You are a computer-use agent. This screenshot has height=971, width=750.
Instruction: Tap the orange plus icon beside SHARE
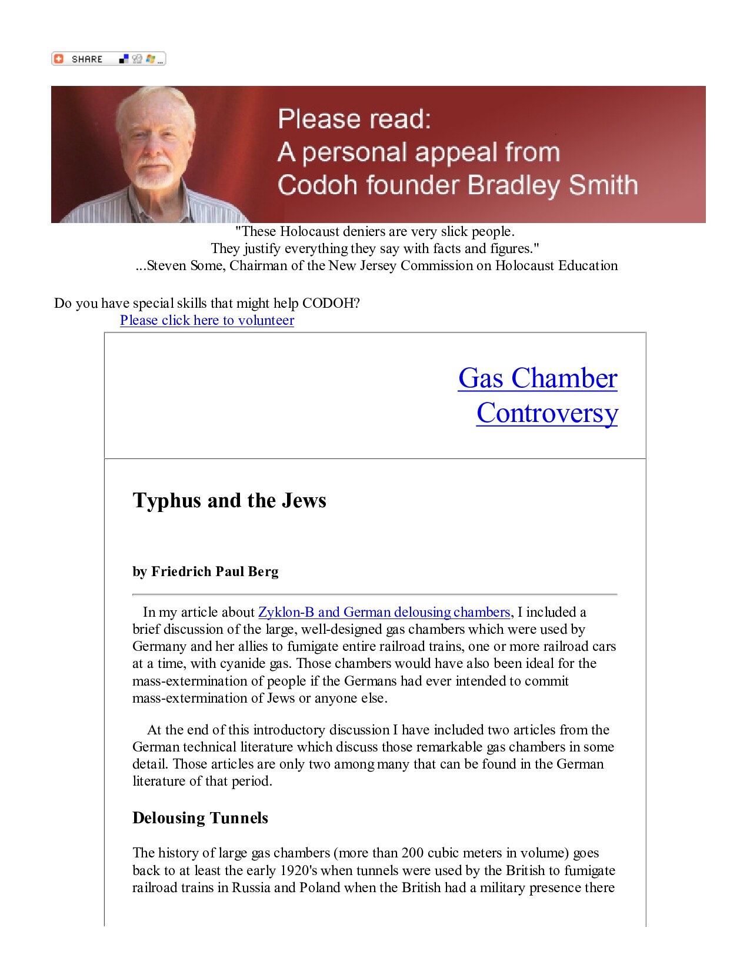point(58,59)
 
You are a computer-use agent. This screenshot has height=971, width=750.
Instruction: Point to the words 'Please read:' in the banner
point(354,119)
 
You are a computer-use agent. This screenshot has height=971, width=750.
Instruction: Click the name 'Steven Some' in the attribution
point(185,265)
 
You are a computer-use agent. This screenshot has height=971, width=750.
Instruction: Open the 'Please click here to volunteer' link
point(207,320)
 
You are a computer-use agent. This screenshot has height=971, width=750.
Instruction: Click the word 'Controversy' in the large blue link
point(547,413)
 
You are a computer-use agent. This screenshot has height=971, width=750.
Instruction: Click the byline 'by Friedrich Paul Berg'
point(205,571)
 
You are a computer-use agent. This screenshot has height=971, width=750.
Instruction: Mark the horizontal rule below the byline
point(375,595)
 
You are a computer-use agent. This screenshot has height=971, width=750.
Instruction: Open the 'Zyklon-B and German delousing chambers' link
point(384,612)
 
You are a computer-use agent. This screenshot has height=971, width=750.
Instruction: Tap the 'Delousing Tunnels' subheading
point(200,818)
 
